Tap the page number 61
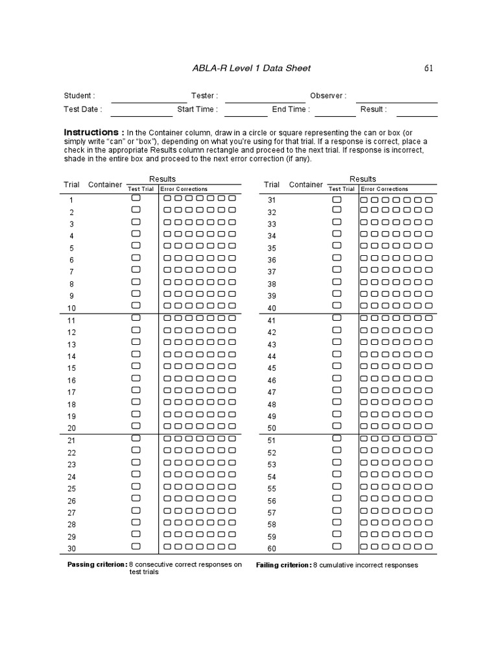[x=429, y=68]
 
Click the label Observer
[x=327, y=96]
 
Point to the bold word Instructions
[x=93, y=131]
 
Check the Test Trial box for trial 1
[x=136, y=198]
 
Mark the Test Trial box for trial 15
[x=136, y=366]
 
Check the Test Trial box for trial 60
[x=337, y=547]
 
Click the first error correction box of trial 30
[x=167, y=547]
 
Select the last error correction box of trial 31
[x=429, y=199]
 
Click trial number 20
[x=71, y=428]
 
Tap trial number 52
[x=272, y=453]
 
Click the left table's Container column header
[x=105, y=184]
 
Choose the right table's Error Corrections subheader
[x=385, y=189]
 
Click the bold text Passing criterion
[x=97, y=565]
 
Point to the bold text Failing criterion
[x=283, y=565]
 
